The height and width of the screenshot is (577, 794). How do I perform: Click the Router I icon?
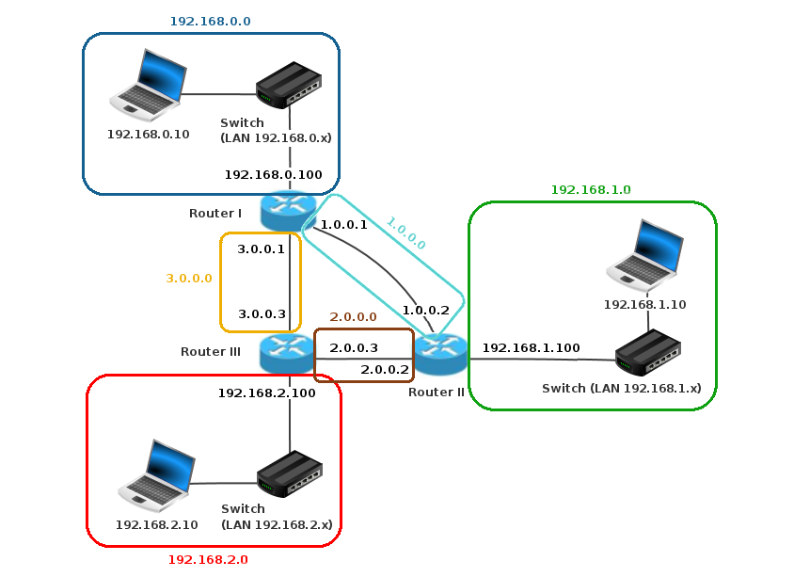coord(288,210)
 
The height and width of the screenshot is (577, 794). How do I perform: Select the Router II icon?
coord(441,354)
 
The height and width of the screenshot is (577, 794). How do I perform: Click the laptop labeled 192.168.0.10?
coord(146,85)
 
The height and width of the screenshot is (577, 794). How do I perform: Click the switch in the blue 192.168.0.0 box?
coord(289,85)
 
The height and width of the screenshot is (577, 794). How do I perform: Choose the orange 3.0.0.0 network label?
coord(189,279)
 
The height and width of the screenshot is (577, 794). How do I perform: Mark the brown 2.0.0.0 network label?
coord(353,317)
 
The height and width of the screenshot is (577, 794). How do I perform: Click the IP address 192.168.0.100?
coord(273,175)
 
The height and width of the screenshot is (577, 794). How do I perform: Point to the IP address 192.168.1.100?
coord(532,347)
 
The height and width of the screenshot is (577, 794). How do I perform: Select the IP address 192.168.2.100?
coord(267,393)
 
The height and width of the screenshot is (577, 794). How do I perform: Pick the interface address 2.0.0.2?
coord(385,369)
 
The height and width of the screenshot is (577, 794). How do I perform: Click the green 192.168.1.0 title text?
coord(590,189)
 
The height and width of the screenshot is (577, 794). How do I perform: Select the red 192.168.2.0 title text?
coord(208,559)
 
